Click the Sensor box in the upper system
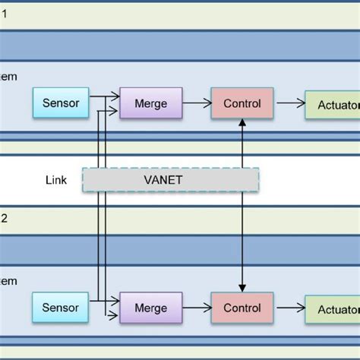pos(60,103)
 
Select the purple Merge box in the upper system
pos(150,103)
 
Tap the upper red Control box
pos(242,103)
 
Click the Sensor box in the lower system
pos(60,308)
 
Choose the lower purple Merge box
pos(150,308)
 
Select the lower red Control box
pos(242,308)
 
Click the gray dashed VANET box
pos(171,180)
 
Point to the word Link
pos(56,180)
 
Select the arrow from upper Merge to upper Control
pos(197,103)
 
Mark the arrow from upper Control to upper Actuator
pos(289,104)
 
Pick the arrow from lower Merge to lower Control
pos(197,308)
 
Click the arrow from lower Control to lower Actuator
pos(289,309)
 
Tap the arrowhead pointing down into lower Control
pos(242,287)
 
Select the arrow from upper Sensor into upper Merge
pos(104,96)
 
